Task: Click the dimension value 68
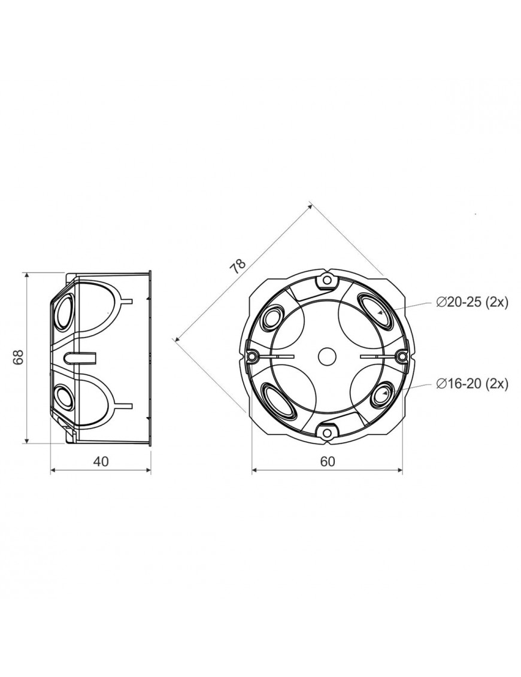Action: click(x=18, y=357)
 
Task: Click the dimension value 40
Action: click(x=101, y=461)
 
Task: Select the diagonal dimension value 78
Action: click(x=238, y=267)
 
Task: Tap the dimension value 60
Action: click(x=328, y=461)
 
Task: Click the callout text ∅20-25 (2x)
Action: click(x=472, y=303)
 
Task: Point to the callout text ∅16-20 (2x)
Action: click(x=472, y=383)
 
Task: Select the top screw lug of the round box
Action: click(x=327, y=281)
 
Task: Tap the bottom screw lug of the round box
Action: click(x=327, y=432)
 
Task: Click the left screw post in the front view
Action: click(x=252, y=357)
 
